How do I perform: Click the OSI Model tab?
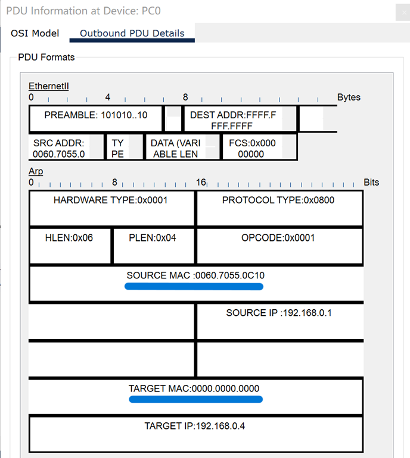35,33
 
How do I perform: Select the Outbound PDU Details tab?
132,33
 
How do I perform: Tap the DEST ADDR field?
232,120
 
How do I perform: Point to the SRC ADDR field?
59,148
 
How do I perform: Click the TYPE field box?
117,148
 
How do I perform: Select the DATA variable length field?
175,148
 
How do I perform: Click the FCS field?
251,148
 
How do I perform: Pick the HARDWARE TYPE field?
111,200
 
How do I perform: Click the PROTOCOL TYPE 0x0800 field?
278,200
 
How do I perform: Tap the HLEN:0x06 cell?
69,238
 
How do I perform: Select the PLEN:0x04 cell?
153,238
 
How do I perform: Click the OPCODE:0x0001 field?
278,238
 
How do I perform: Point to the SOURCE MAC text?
195,276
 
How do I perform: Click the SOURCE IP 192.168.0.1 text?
278,313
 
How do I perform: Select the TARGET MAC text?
194,388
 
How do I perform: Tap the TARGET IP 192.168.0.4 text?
194,426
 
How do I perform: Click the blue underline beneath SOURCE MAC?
194,287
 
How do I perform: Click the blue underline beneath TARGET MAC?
195,399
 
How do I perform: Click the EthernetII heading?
49,86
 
